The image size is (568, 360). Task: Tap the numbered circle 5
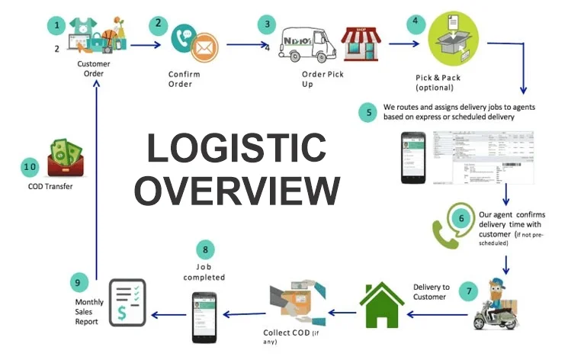click(370, 113)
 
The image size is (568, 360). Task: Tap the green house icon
click(381, 304)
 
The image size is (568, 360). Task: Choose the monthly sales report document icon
click(126, 301)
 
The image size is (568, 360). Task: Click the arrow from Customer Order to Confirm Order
click(146, 44)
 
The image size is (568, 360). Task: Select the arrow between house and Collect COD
click(342, 311)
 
